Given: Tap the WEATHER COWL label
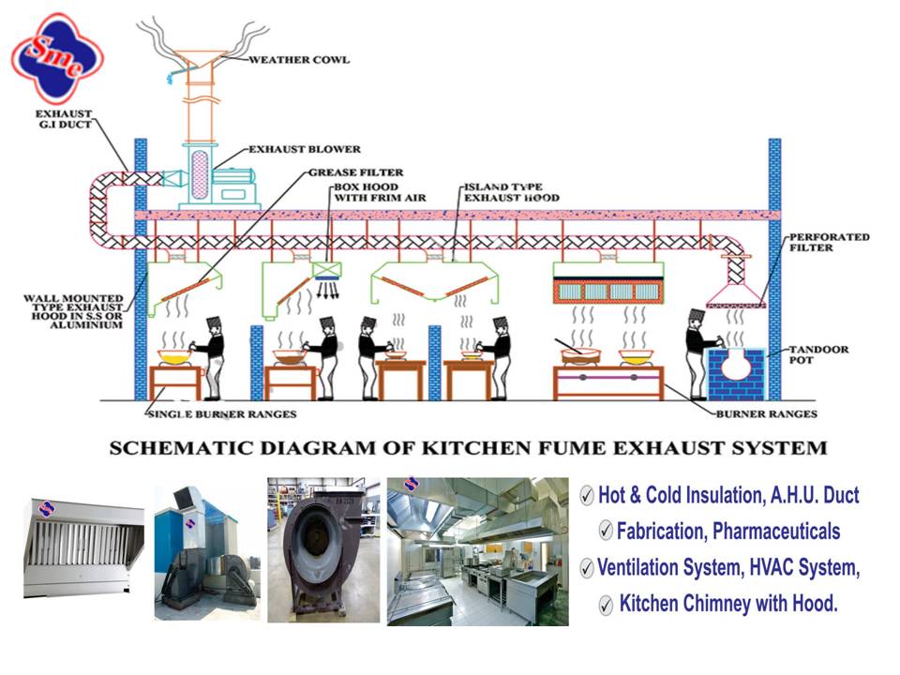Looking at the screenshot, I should (x=299, y=60).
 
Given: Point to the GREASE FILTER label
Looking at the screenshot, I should (x=356, y=172).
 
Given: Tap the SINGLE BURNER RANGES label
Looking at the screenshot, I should (x=222, y=414).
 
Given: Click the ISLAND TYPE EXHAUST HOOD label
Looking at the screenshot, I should (x=512, y=193).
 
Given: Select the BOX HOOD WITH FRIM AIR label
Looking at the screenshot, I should (x=360, y=193).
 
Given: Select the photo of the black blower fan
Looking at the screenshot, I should (x=323, y=550).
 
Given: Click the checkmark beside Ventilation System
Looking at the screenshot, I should (x=587, y=568).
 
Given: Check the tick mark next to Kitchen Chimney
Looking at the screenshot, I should (x=606, y=605).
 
